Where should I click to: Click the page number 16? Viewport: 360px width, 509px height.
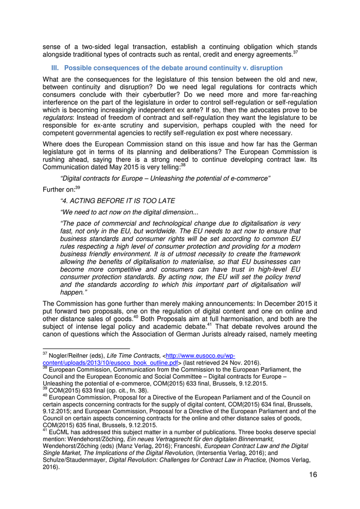(x=313, y=475)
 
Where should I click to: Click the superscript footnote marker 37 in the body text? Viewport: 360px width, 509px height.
(x=295, y=52)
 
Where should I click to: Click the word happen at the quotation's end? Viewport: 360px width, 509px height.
(x=72, y=292)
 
